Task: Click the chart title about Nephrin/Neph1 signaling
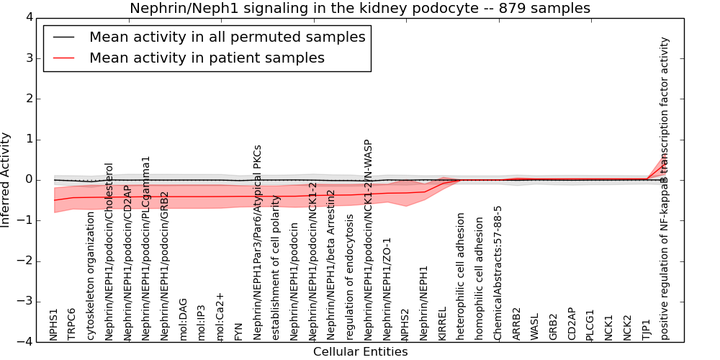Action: [x=359, y=8]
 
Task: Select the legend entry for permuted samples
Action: [x=227, y=37]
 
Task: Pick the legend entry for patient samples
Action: [x=207, y=58]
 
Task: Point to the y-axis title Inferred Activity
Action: [x=6, y=179]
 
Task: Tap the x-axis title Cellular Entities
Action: [x=360, y=351]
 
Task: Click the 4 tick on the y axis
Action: [x=30, y=17]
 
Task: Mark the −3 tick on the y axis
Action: [x=27, y=301]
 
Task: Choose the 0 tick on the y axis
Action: [x=30, y=179]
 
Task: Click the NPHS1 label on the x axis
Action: [x=54, y=324]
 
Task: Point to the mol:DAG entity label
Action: [x=183, y=319]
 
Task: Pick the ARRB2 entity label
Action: [x=517, y=324]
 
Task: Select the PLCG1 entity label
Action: [x=590, y=325]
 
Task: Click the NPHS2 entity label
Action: [x=405, y=324]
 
